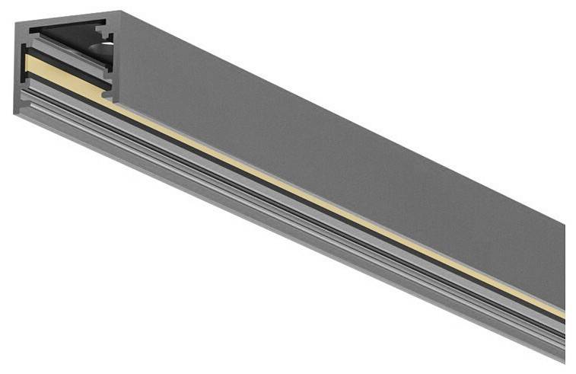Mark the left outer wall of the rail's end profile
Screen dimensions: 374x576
(19, 69)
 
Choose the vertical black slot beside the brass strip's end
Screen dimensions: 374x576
(108, 84)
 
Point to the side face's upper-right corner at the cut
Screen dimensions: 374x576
(564, 224)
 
